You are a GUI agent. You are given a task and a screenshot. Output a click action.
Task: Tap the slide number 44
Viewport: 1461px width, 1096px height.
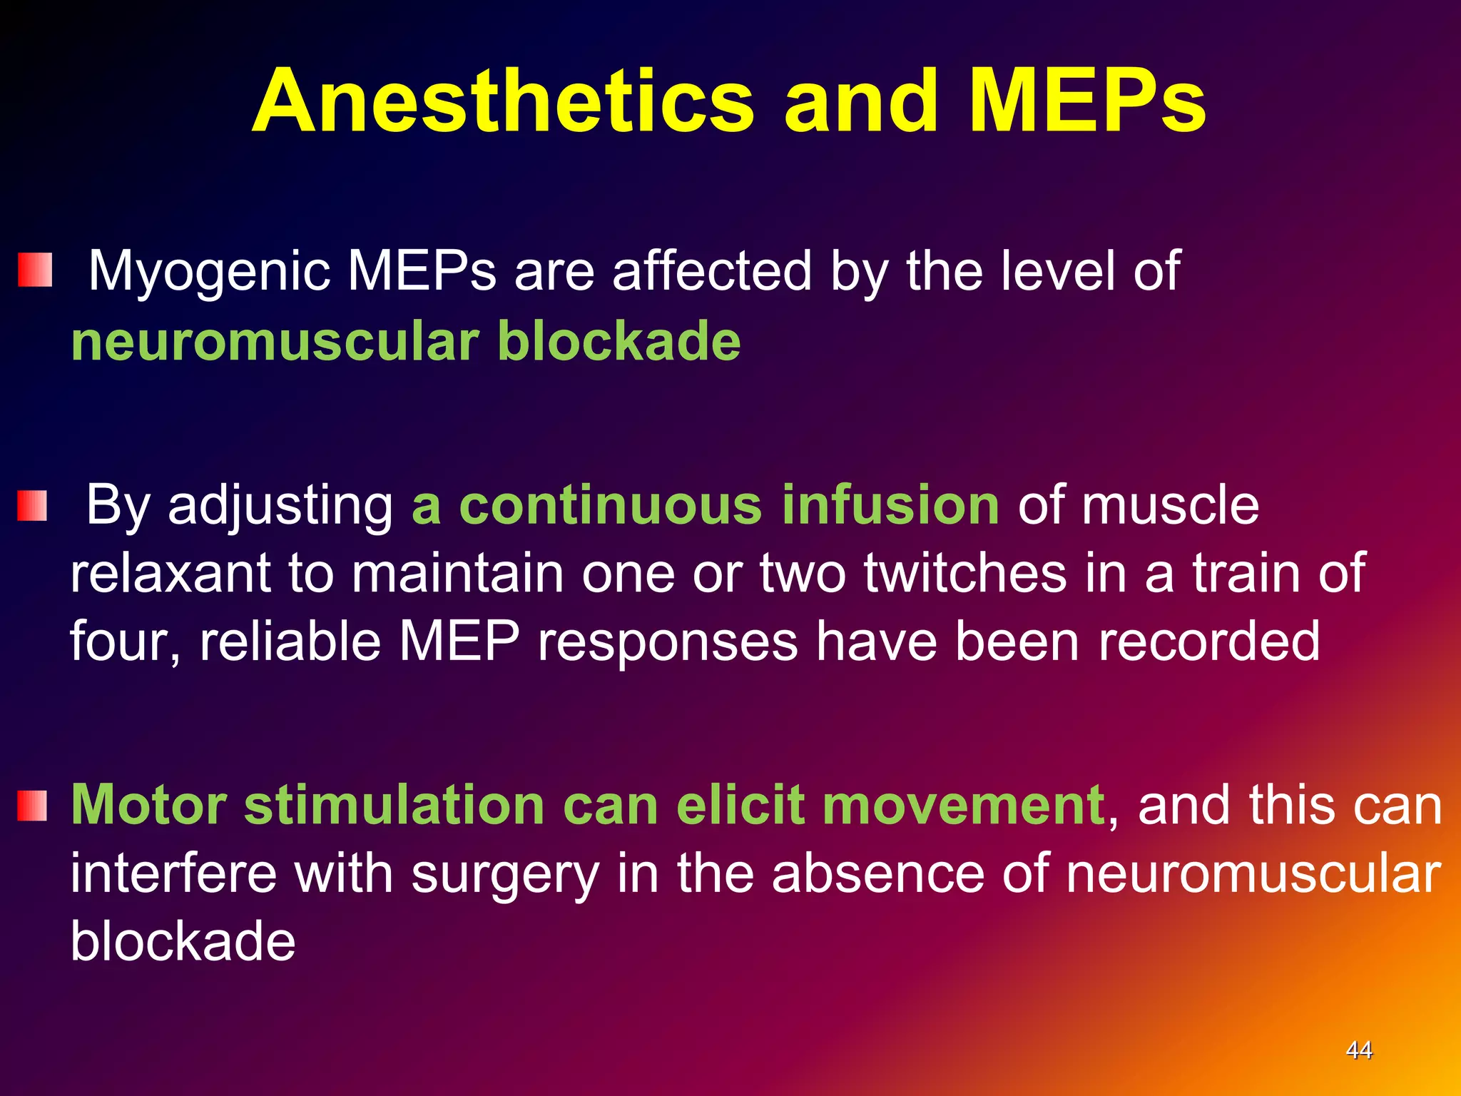(x=1358, y=1050)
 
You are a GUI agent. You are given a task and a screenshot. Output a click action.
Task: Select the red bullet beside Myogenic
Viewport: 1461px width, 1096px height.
(x=35, y=270)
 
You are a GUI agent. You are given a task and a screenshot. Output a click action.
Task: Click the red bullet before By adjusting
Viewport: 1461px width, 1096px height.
(x=32, y=505)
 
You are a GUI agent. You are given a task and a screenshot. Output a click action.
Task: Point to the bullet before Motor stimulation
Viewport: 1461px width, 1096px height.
(x=32, y=806)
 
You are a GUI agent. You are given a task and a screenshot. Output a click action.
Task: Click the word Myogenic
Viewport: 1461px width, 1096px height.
(x=209, y=273)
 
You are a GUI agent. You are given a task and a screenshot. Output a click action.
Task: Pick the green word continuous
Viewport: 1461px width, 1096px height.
(x=610, y=505)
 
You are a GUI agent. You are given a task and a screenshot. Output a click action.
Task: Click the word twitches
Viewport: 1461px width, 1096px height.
(x=965, y=573)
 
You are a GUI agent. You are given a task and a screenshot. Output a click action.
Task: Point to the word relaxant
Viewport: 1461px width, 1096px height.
(x=170, y=573)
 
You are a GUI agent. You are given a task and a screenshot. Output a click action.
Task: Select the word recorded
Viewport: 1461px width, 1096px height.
(x=1208, y=641)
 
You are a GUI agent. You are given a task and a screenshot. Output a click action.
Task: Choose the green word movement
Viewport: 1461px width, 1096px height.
(x=962, y=805)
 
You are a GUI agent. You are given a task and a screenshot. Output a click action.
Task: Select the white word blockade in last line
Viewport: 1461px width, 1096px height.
(x=183, y=940)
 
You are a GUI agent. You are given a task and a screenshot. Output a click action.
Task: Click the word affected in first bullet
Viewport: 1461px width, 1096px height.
(x=712, y=271)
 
